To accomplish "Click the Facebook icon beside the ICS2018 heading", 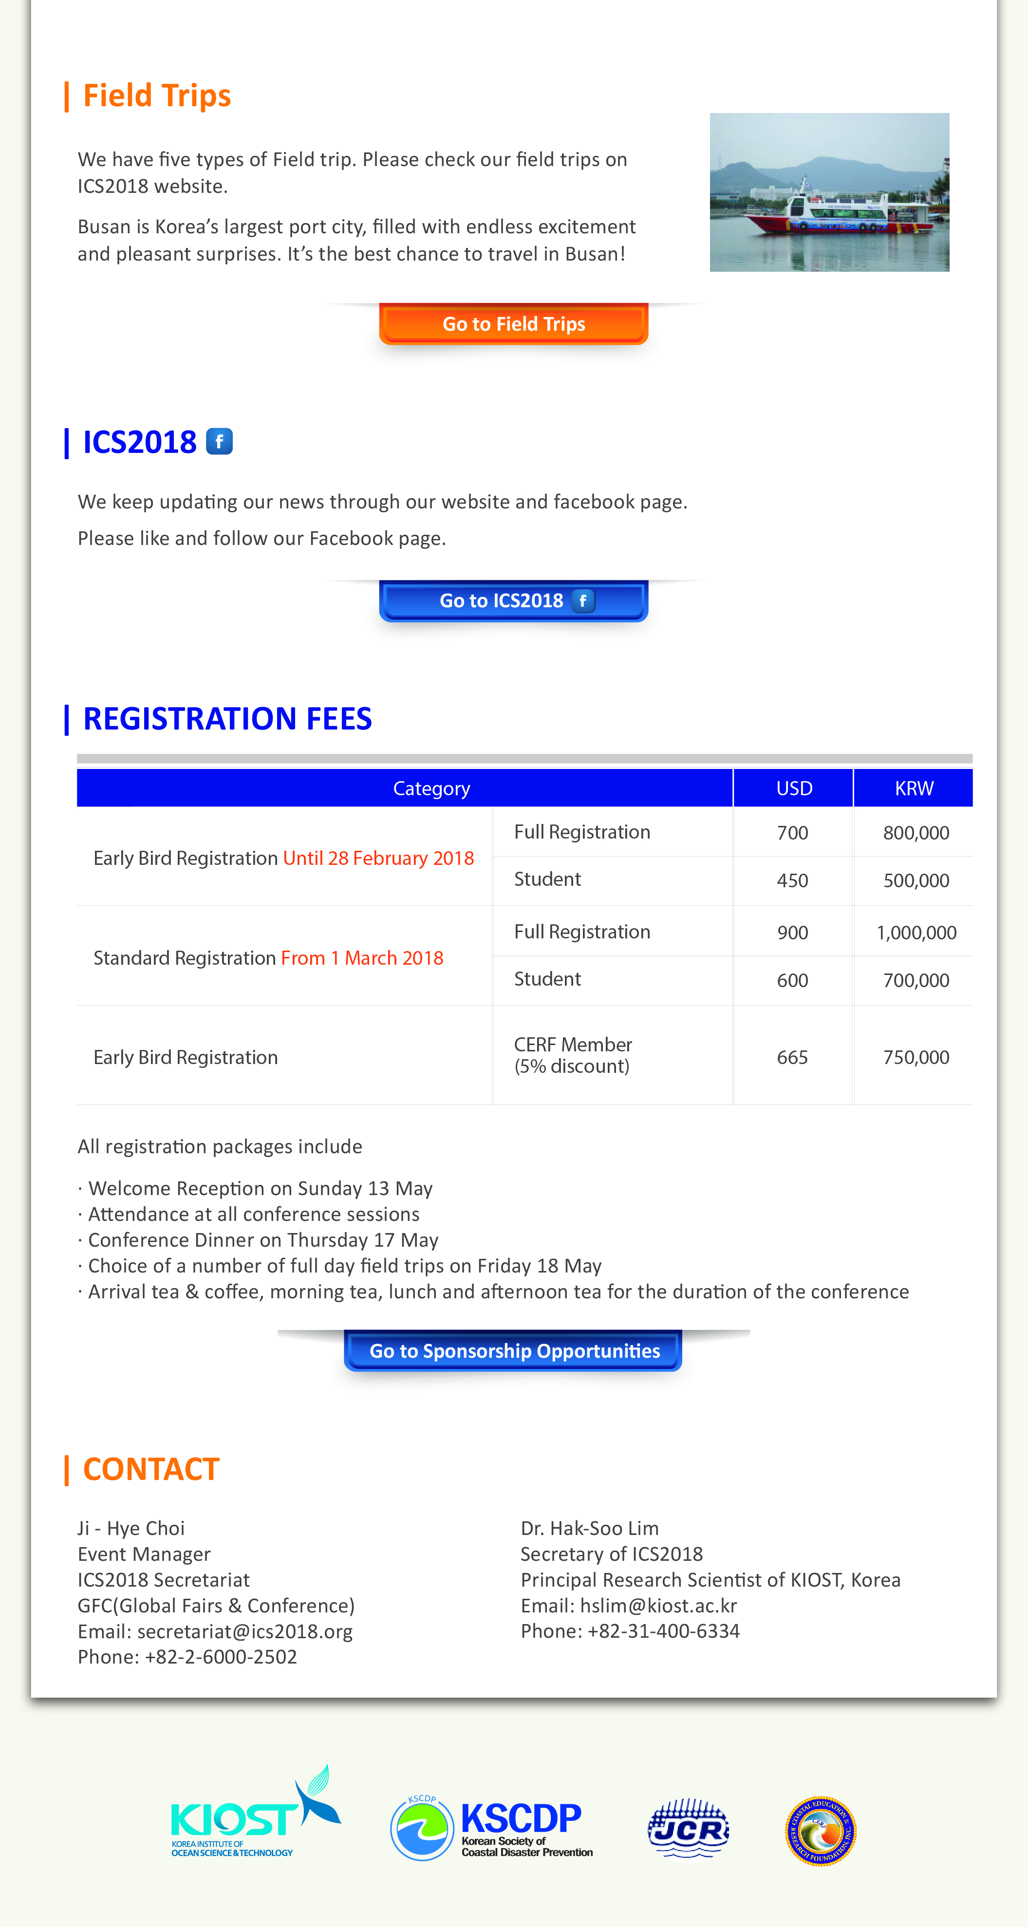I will click(x=219, y=441).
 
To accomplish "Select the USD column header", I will click(x=794, y=788).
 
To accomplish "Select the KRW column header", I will click(x=914, y=788).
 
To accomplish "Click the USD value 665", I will click(x=792, y=1057).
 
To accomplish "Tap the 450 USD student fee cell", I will click(x=792, y=880).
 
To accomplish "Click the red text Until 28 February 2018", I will click(x=378, y=858).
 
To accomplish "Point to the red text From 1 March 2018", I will click(x=362, y=958).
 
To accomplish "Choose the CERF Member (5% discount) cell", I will click(x=573, y=1055).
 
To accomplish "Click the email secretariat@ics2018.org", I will click(x=244, y=1631).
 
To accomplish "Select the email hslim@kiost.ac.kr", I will click(x=658, y=1605).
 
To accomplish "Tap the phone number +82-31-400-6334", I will click(x=664, y=1631).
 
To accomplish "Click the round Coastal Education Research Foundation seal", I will click(x=821, y=1831).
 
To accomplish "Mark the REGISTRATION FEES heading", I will click(x=227, y=719).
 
